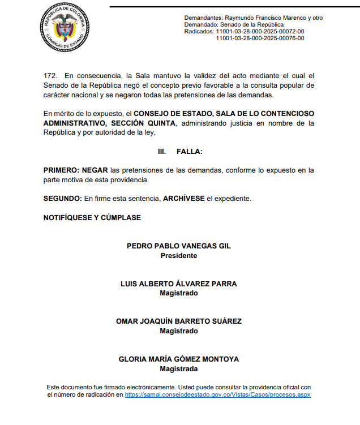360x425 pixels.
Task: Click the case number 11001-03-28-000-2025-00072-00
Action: (x=260, y=32)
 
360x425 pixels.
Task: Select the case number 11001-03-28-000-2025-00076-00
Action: (x=260, y=38)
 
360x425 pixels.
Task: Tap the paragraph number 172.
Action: (x=50, y=76)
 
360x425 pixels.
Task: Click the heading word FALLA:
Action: (x=190, y=152)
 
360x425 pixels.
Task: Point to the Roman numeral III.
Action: (x=161, y=152)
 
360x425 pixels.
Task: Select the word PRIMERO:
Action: (x=61, y=170)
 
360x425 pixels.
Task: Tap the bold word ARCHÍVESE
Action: (x=183, y=199)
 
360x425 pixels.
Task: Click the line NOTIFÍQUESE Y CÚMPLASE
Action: (x=92, y=218)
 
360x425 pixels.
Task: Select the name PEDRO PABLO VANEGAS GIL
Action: (x=179, y=246)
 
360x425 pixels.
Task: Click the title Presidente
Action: (x=179, y=255)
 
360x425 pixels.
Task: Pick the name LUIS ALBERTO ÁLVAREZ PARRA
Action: (x=179, y=284)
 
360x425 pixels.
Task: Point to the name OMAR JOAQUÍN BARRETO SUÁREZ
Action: (x=179, y=321)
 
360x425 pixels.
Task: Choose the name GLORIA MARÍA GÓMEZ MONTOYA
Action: (x=179, y=359)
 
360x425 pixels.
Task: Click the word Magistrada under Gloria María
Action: (x=179, y=368)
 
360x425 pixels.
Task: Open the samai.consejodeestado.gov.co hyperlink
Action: (x=217, y=395)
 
